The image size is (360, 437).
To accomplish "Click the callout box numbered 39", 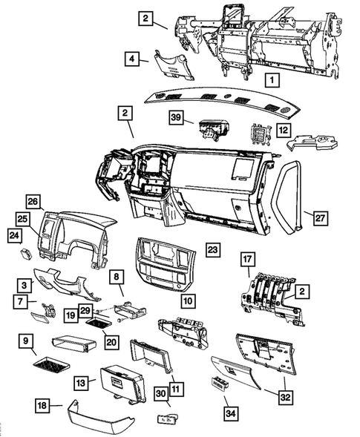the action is point(176,117).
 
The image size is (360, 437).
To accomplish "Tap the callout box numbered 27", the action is point(320,218).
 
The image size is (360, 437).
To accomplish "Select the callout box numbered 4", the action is point(132,59).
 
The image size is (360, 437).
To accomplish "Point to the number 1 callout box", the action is point(272,80).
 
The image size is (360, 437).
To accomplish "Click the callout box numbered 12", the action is point(284,130).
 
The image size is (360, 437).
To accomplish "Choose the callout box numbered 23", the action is point(213,249).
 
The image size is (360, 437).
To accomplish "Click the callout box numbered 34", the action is point(231,413).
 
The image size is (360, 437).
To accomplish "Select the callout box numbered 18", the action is point(42,405).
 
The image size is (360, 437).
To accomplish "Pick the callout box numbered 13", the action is point(81,383).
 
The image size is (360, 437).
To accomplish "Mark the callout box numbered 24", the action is point(15,236).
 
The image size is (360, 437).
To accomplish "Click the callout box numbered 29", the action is point(85,311).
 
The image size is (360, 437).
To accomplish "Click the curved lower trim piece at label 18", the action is point(100,415).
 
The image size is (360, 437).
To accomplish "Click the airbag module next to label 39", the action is point(213,130).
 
